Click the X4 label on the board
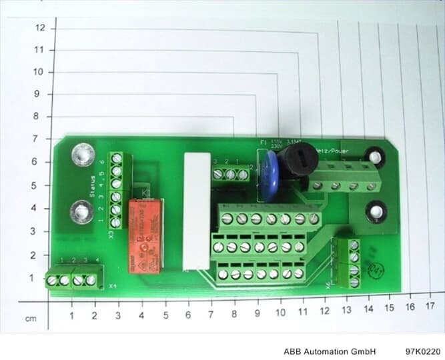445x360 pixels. pyautogui.click(x=111, y=287)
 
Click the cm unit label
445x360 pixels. pyautogui.click(x=31, y=319)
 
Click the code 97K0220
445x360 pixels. pyautogui.click(x=422, y=351)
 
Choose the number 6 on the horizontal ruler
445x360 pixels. pyautogui.click(x=187, y=314)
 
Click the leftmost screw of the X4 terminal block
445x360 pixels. pyautogui.click(x=53, y=281)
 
